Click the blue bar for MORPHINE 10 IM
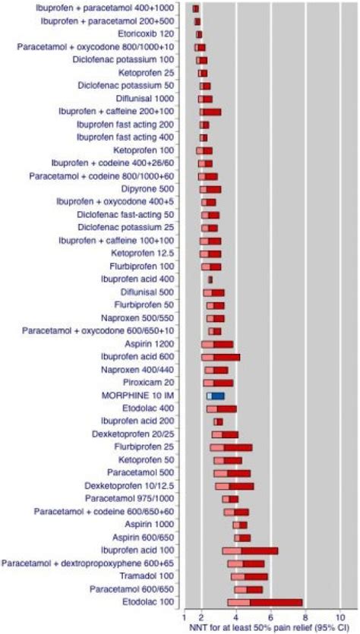(x=216, y=396)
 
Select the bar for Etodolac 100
(x=264, y=602)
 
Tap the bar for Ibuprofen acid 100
(x=250, y=550)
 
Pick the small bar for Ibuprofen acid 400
(x=210, y=279)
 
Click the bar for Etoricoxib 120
(x=199, y=34)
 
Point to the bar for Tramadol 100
(x=249, y=576)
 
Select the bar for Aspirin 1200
(x=217, y=344)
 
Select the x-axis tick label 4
(x=235, y=617)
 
